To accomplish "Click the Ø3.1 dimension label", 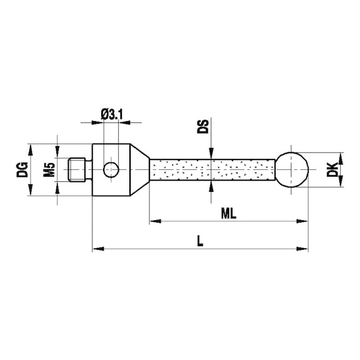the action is click(x=112, y=114).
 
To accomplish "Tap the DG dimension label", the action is click(x=22, y=169).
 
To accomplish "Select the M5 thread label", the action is click(x=49, y=169).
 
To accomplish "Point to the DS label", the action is click(x=203, y=126).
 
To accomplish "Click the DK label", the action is click(x=332, y=169).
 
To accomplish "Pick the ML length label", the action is click(x=229, y=214).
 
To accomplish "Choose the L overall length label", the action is click(x=200, y=241).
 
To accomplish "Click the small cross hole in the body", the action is click(x=111, y=170).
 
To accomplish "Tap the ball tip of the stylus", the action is click(x=292, y=169).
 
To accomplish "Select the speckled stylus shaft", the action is click(x=212, y=169).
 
